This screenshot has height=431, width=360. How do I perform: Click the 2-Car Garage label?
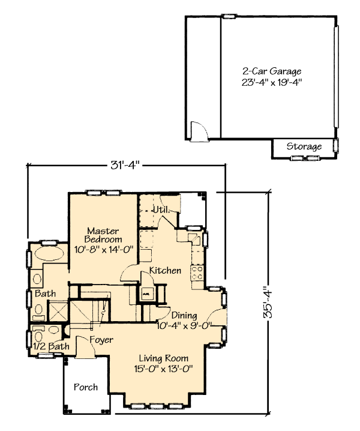pyautogui.click(x=272, y=71)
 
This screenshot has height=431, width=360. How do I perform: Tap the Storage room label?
pyautogui.click(x=304, y=146)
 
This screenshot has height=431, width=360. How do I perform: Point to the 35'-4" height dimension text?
pyautogui.click(x=268, y=303)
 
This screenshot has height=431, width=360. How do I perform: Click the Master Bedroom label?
pyautogui.click(x=103, y=235)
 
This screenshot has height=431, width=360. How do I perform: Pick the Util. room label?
pyautogui.click(x=160, y=210)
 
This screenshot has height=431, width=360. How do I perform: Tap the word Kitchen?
pyautogui.click(x=165, y=271)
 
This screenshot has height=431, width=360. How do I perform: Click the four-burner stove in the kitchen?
pyautogui.click(x=197, y=273)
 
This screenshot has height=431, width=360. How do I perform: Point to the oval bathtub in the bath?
pyautogui.click(x=49, y=254)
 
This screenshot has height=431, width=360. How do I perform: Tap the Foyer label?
pyautogui.click(x=101, y=340)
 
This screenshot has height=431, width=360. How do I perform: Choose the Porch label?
pyautogui.click(x=86, y=387)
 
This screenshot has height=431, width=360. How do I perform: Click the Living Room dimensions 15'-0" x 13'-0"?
pyautogui.click(x=164, y=369)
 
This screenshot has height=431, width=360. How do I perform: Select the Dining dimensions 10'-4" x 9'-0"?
pyautogui.click(x=184, y=326)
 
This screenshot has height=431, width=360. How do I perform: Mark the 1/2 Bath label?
pyautogui.click(x=51, y=346)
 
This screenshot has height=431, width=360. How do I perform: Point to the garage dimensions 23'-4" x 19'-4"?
pyautogui.click(x=272, y=82)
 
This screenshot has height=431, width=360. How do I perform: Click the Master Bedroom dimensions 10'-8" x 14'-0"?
pyautogui.click(x=104, y=250)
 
